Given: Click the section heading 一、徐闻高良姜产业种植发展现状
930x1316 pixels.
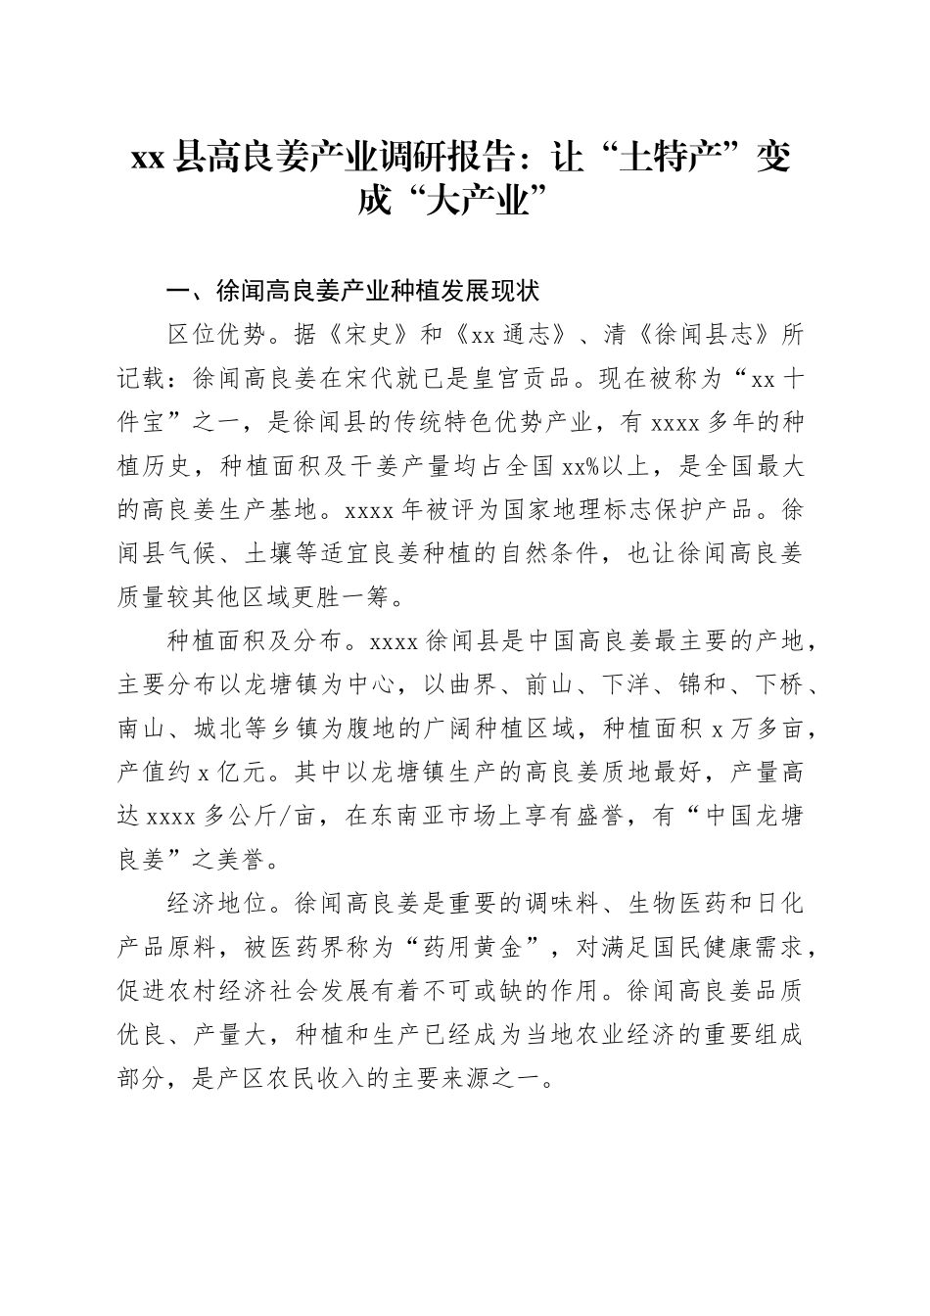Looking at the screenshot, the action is (353, 291).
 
